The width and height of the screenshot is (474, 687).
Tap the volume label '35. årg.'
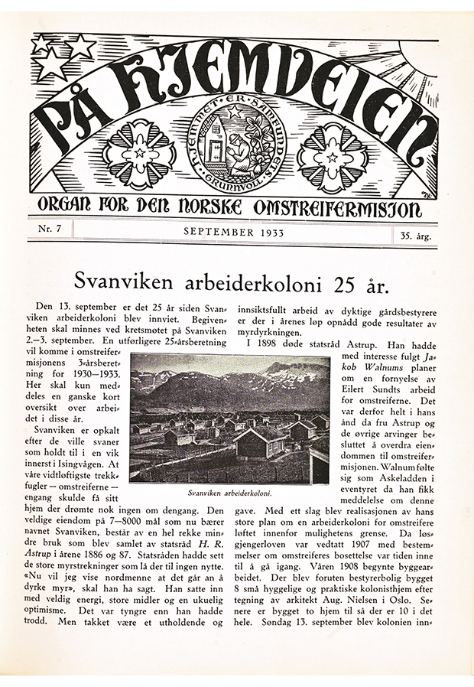415,236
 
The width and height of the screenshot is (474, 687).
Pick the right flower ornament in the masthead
330,158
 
